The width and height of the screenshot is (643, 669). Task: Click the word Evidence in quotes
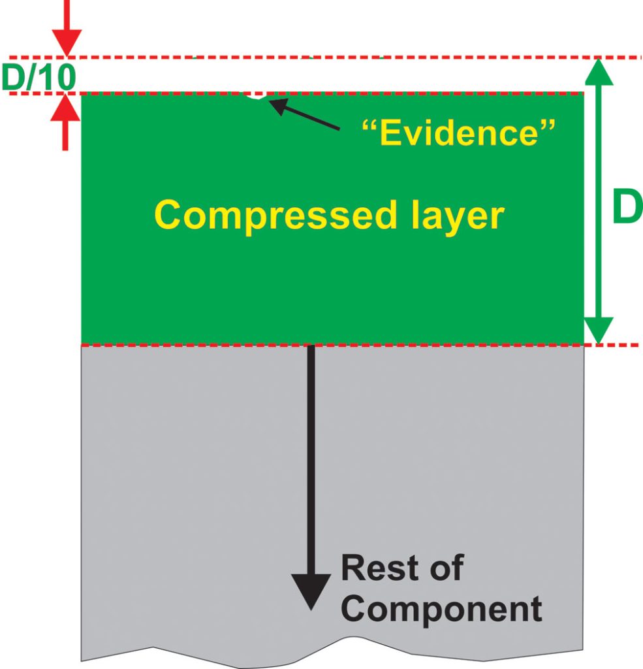pos(458,133)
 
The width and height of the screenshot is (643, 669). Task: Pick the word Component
pos(441,609)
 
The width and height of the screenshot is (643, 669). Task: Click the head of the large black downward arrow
pos(311,591)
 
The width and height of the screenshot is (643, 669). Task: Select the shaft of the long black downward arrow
pos(311,457)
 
